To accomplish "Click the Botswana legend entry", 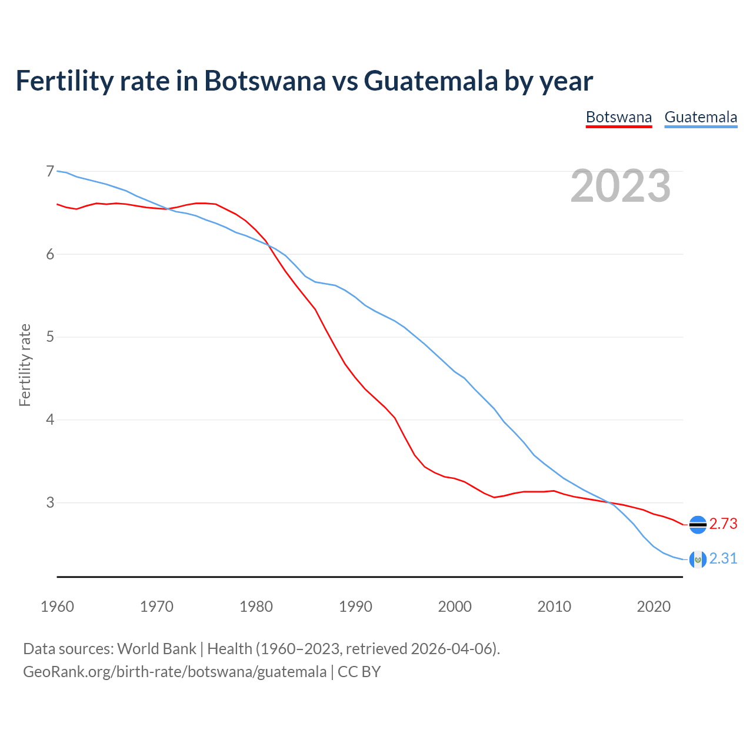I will click(x=619, y=117).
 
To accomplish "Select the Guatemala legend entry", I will click(x=701, y=117).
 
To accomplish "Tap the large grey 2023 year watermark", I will click(x=620, y=186).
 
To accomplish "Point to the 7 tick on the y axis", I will click(x=50, y=171).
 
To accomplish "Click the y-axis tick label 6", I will click(x=50, y=254).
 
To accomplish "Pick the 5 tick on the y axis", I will click(x=50, y=337).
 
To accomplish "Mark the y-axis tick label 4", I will click(x=50, y=420).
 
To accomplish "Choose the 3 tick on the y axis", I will click(x=50, y=503).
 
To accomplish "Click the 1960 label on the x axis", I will click(x=57, y=607).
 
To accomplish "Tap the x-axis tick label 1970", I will click(x=156, y=607).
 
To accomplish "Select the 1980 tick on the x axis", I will click(x=256, y=607).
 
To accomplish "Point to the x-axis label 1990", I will click(x=355, y=607).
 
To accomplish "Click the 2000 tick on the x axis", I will click(x=455, y=607).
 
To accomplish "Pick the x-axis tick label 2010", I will click(x=554, y=607).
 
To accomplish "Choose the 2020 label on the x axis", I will click(x=654, y=607).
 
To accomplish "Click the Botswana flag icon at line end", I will click(x=698, y=524).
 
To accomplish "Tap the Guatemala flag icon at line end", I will click(x=698, y=559).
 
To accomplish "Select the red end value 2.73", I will click(x=723, y=524).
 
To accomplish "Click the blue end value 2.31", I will click(x=723, y=558).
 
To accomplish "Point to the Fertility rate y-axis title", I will click(x=25, y=365).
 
